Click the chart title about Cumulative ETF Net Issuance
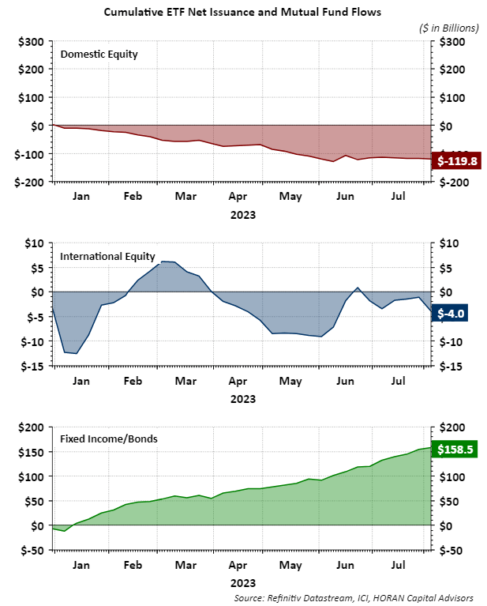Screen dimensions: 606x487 [x=242, y=12]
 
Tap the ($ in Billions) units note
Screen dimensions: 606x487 [x=448, y=28]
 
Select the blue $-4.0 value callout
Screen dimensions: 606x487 [x=451, y=314]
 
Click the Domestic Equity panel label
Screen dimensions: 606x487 [x=99, y=55]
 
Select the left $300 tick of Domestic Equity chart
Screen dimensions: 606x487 [x=30, y=41]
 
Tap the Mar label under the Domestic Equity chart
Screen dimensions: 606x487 [x=186, y=197]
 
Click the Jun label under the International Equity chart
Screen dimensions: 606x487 [x=345, y=381]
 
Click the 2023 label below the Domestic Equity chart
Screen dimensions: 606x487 [x=242, y=214]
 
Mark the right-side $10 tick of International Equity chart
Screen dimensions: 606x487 [x=450, y=243]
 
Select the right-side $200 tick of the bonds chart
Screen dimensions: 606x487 [x=452, y=427]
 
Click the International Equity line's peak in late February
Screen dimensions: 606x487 [x=163, y=261]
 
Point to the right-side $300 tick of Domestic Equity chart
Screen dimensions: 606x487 [x=452, y=41]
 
